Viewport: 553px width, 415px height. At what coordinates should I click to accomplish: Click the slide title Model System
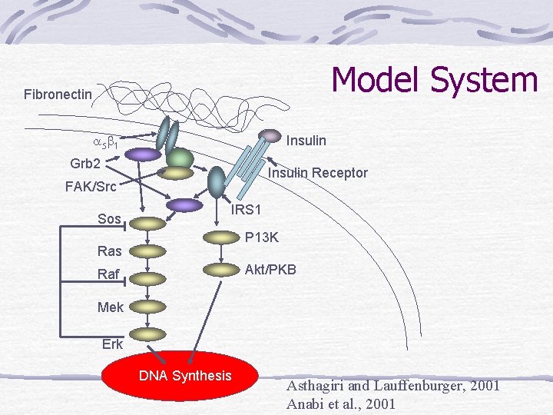[434, 80]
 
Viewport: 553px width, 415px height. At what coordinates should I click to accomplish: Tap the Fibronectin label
[58, 95]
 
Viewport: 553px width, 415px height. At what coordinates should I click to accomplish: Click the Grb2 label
[85, 164]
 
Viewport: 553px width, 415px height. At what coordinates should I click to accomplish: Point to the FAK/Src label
[91, 187]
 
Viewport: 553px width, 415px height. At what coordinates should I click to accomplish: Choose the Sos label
[110, 219]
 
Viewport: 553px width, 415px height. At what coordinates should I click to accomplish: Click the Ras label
[110, 251]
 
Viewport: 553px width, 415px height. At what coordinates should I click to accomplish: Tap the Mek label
[111, 307]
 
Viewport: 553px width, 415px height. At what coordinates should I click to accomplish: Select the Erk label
[112, 344]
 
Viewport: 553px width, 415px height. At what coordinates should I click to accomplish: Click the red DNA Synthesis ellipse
[185, 377]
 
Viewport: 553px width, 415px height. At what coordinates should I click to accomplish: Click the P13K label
[262, 238]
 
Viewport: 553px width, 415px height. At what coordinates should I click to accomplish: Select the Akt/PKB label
[270, 270]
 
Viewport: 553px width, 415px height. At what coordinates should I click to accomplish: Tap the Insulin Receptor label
[317, 173]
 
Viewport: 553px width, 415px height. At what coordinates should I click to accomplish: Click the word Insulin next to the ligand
[306, 141]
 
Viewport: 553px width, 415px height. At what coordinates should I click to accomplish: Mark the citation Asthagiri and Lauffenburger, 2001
[392, 386]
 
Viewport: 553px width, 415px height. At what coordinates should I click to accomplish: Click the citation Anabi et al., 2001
[340, 404]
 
